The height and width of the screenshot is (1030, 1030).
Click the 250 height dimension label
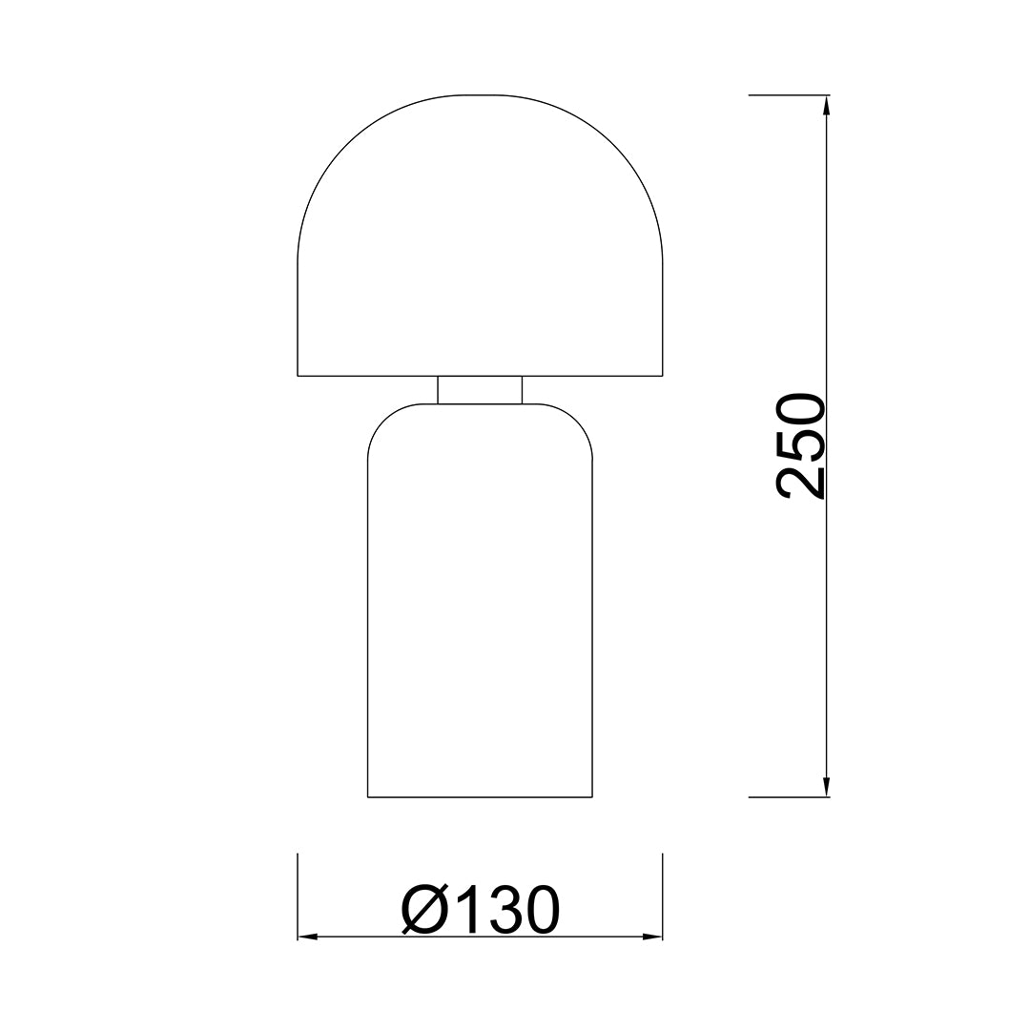[800, 446]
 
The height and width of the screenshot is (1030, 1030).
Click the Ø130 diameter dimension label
[480, 909]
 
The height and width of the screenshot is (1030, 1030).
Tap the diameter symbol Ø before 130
[423, 909]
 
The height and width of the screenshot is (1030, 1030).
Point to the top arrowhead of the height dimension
[826, 106]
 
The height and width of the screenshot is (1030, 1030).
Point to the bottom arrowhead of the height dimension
[826, 787]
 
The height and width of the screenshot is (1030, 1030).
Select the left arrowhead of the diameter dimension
[308, 937]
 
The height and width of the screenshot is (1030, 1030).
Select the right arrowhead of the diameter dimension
[651, 937]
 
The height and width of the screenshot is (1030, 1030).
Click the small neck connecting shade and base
[480, 389]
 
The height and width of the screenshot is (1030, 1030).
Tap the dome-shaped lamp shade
[480, 236]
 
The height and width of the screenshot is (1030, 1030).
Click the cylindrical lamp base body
[480, 601]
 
